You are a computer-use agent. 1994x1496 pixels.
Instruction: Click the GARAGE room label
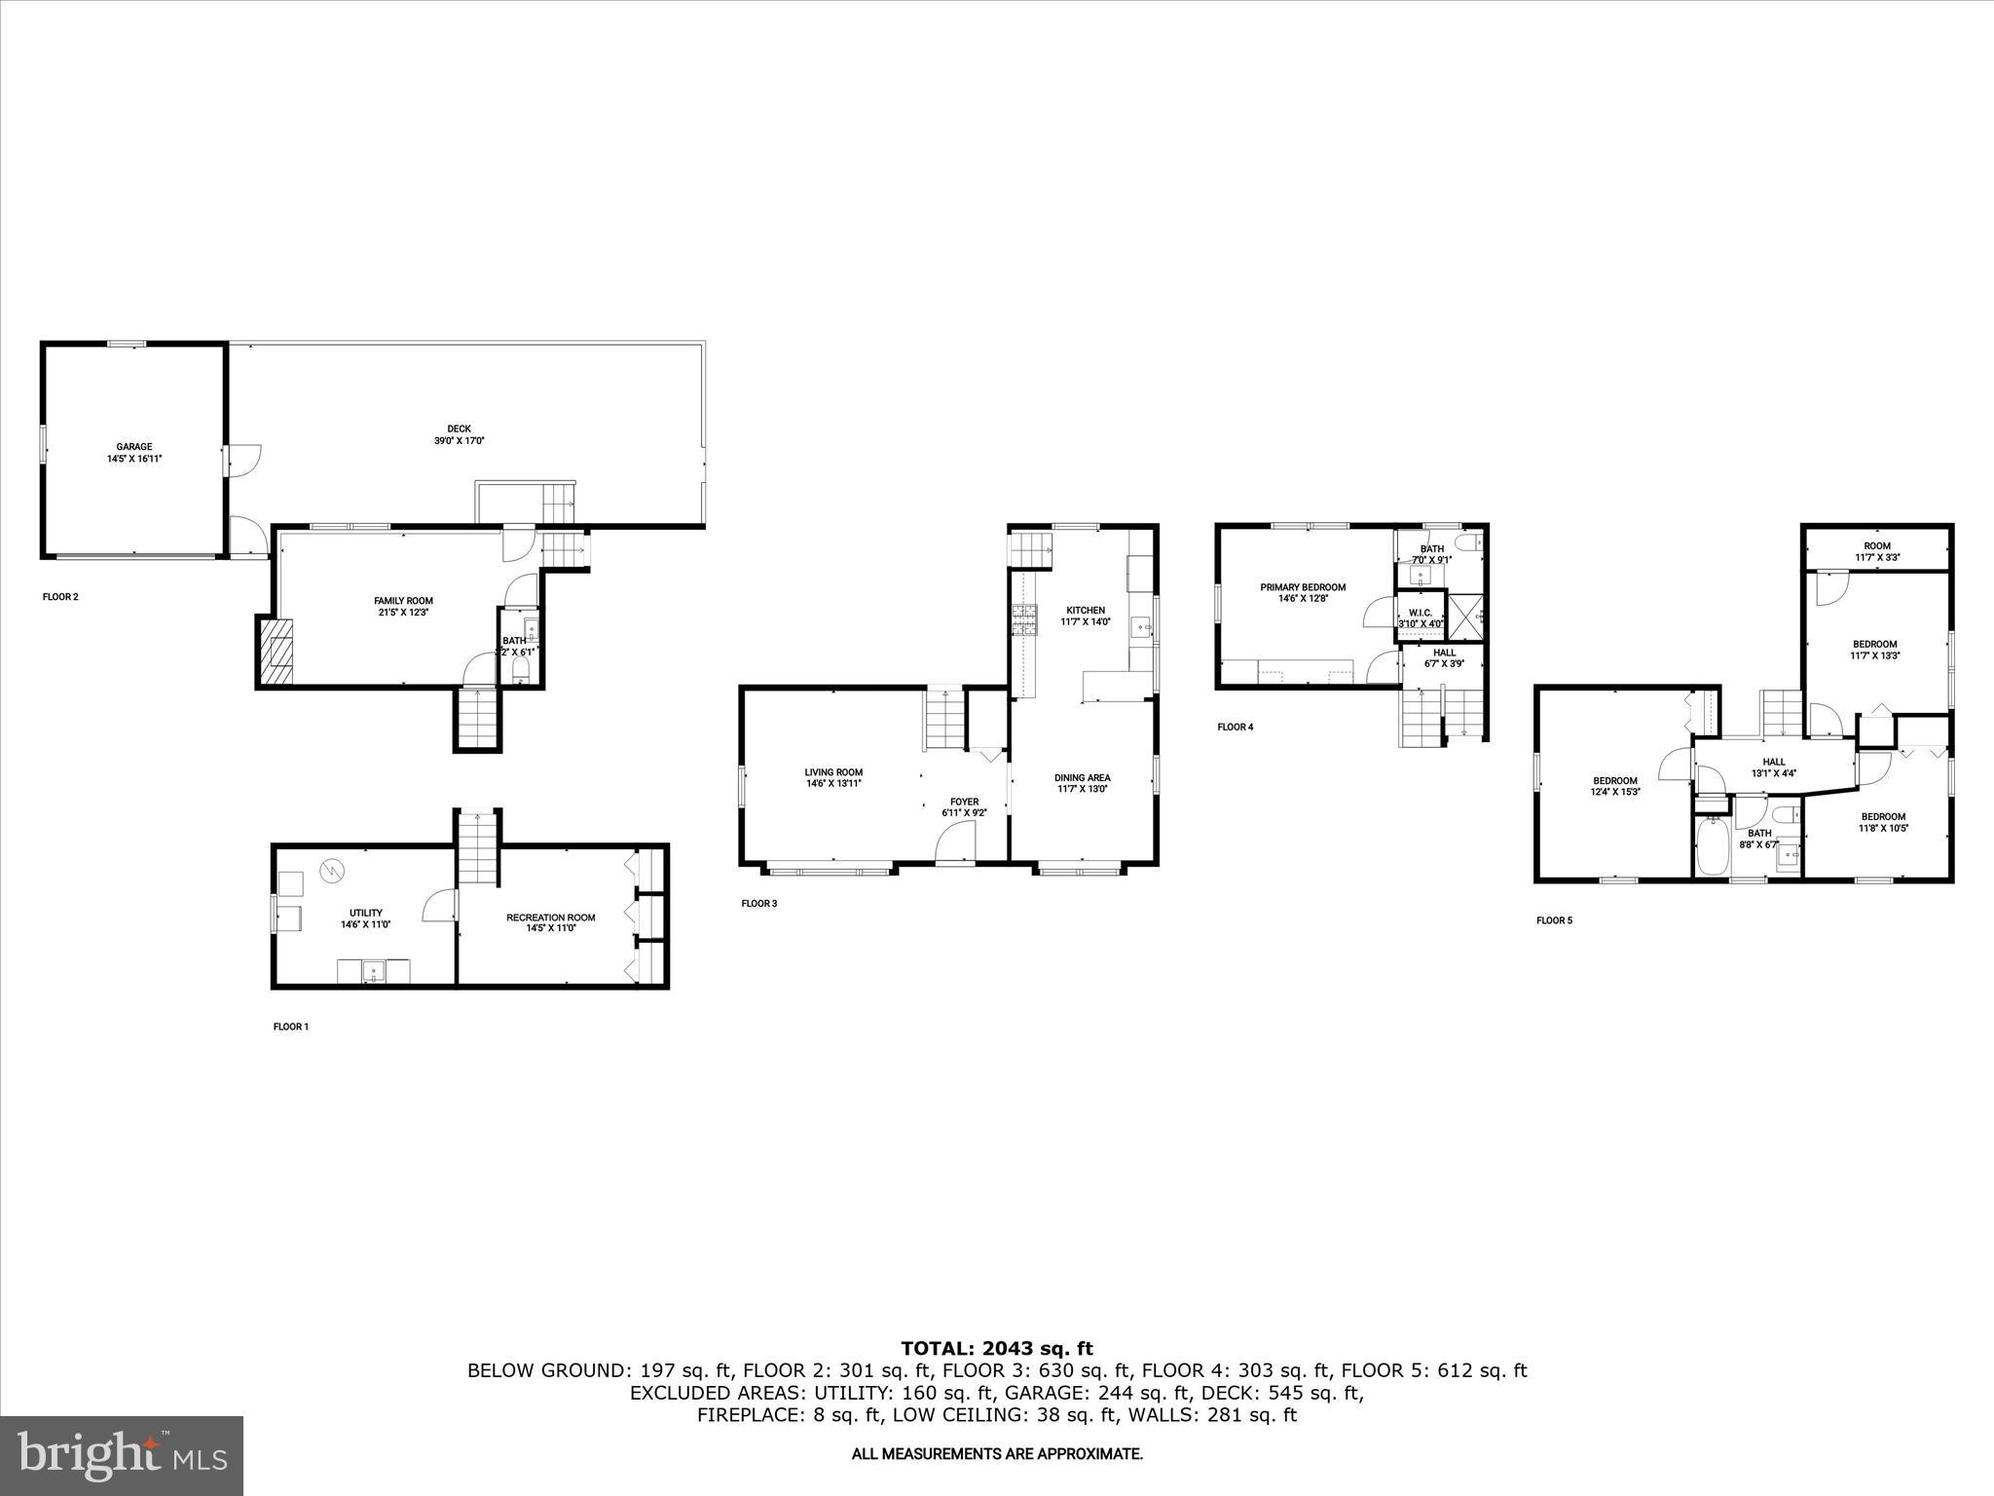coord(134,452)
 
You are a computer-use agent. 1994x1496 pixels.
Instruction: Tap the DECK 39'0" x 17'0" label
coord(459,434)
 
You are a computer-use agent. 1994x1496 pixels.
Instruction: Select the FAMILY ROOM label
coord(403,607)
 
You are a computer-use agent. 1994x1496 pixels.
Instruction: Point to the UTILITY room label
coord(366,918)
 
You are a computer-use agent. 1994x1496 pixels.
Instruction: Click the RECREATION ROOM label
coord(550,923)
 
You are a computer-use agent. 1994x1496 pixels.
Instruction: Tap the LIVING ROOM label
coord(833,777)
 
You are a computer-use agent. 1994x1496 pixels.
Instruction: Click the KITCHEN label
coord(1085,616)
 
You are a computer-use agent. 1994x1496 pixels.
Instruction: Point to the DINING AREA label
coord(1083,783)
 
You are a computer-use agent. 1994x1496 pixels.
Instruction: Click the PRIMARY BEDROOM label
coord(1303,592)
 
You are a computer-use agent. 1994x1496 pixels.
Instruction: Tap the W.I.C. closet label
coord(1421,618)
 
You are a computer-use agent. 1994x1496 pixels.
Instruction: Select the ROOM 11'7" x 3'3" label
coord(1877,552)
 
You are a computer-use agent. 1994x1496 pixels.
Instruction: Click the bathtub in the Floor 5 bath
coord(1711,847)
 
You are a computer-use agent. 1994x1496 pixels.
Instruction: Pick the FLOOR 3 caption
coord(758,904)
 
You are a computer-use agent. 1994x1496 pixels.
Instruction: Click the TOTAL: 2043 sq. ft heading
coord(997,1348)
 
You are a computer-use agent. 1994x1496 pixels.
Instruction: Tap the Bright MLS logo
coord(122,1455)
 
